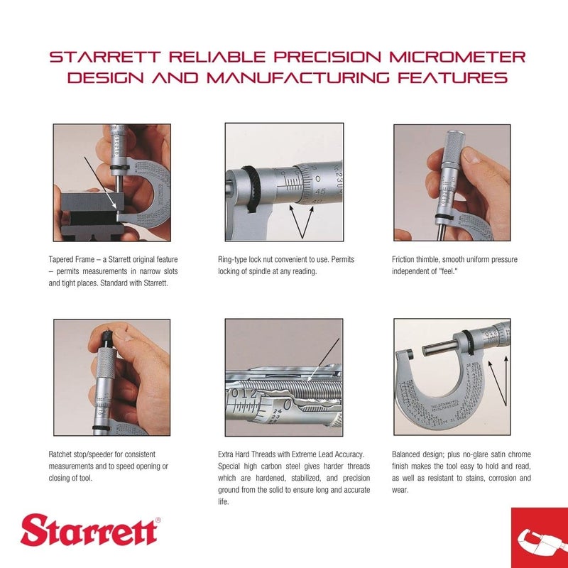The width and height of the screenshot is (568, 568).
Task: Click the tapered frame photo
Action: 111,182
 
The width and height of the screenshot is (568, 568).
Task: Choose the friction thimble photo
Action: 452,182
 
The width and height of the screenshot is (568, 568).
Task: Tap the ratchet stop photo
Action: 111,377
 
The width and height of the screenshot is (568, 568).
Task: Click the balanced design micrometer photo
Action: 452,377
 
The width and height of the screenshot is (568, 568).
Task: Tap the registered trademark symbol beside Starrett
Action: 158,520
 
